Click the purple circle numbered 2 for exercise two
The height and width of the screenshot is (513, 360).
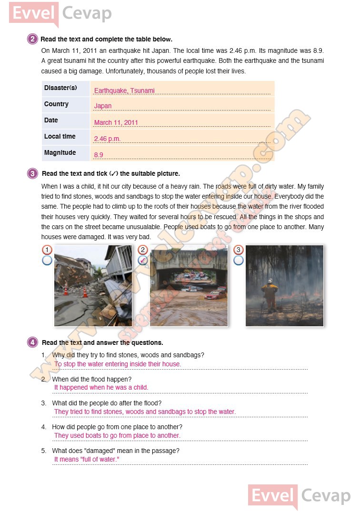[x=32, y=39]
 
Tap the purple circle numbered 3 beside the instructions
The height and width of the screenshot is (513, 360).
[x=32, y=174]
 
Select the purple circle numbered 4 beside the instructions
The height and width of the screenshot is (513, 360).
[x=32, y=342]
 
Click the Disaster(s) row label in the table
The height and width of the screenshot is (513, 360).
[x=60, y=88]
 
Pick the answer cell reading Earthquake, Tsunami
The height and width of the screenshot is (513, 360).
[x=124, y=91]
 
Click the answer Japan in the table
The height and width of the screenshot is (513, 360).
[x=103, y=106]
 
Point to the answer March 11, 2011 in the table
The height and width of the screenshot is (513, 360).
[x=116, y=122]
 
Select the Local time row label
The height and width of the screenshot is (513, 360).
[x=60, y=137]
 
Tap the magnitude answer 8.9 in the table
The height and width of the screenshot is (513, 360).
[x=99, y=155]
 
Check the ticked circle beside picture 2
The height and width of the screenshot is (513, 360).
[x=142, y=260]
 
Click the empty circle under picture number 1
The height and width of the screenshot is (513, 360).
[x=47, y=260]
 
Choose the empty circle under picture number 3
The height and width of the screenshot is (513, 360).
[x=239, y=260]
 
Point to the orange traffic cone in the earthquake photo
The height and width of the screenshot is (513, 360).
[x=85, y=292]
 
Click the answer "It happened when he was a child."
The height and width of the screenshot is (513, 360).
[x=101, y=388]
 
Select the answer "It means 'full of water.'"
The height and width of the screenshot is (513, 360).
[x=87, y=460]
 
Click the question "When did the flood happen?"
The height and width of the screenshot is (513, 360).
[x=92, y=379]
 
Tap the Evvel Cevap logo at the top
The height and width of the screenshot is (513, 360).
[x=60, y=13]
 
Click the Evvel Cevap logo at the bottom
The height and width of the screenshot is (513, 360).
[x=299, y=496]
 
